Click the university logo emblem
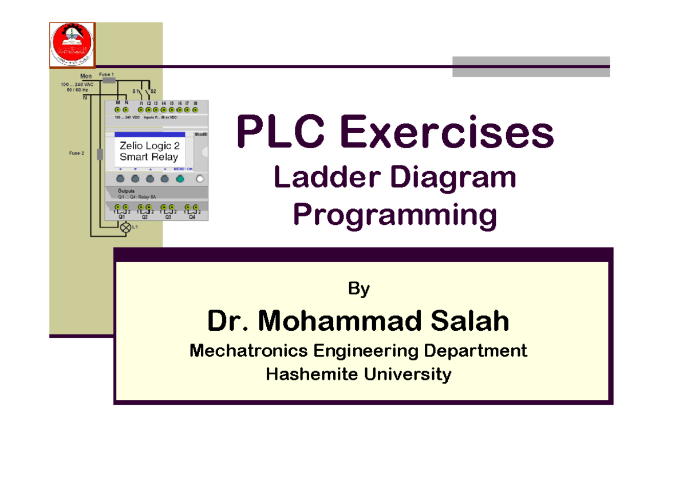[x=72, y=44]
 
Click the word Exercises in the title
[x=447, y=133]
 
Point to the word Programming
[x=394, y=215]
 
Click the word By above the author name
[x=359, y=289]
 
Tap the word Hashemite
[x=304, y=375]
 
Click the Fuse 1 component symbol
[x=109, y=81]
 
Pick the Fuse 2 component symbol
[x=100, y=154]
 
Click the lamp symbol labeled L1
[x=125, y=227]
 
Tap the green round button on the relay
[x=179, y=179]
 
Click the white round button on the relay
[x=200, y=179]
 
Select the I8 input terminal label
[x=195, y=102]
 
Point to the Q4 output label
[x=192, y=218]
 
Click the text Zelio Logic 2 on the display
[x=149, y=147]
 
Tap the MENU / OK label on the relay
[x=183, y=169]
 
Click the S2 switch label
[x=153, y=91]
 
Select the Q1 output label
[x=121, y=218]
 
